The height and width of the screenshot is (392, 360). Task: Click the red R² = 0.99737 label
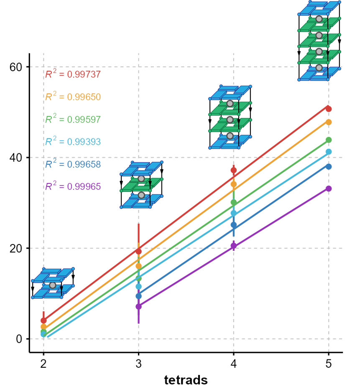coord(73,74)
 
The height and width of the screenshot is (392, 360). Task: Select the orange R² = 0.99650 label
coord(73,97)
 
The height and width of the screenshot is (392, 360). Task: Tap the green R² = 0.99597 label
coord(73,119)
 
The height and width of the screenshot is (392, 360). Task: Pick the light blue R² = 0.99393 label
coord(73,141)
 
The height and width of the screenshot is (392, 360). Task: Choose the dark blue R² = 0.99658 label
coord(73,164)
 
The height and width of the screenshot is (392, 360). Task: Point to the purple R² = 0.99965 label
coord(73,186)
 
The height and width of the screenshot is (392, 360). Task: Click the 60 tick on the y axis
coord(16,67)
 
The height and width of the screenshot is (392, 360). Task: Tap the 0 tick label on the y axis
coord(19,339)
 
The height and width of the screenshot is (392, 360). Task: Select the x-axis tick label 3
coord(138,364)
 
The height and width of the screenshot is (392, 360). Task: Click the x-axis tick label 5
coord(329,364)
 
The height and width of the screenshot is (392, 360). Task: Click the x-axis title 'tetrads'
coord(186,380)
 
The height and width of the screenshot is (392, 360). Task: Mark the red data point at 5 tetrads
coord(329,109)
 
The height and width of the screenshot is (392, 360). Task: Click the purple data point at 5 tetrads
coord(329,188)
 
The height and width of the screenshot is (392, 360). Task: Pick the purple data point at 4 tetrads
coord(234,246)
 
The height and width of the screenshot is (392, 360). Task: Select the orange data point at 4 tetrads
coord(234,184)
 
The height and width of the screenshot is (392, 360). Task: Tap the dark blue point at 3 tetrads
coord(138,296)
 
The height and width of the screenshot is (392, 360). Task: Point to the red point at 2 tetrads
coord(43,320)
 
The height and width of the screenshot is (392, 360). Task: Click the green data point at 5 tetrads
coord(329,140)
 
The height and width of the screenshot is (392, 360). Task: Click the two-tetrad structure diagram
coord(53,283)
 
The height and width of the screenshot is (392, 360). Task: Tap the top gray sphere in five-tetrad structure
coord(319,19)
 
